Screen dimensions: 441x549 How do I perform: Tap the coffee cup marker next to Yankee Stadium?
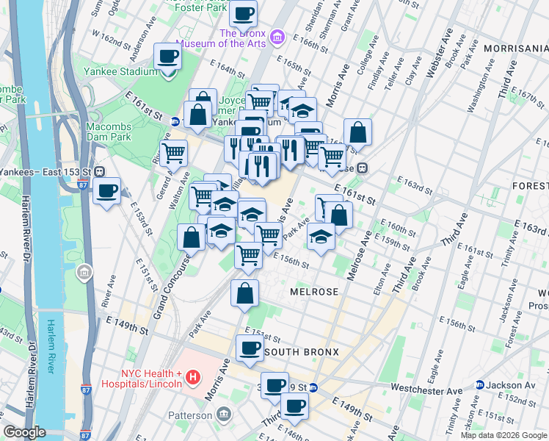(167, 57)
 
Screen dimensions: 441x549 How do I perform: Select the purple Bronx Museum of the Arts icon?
(277, 36)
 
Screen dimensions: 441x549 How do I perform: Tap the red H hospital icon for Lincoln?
(193, 378)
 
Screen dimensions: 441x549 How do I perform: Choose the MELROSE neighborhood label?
(314, 292)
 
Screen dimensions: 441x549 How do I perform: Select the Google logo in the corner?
(25, 432)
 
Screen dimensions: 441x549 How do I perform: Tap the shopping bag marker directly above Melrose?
(244, 293)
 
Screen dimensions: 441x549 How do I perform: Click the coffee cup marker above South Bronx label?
(250, 348)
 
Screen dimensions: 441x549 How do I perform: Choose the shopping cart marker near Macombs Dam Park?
(173, 153)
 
